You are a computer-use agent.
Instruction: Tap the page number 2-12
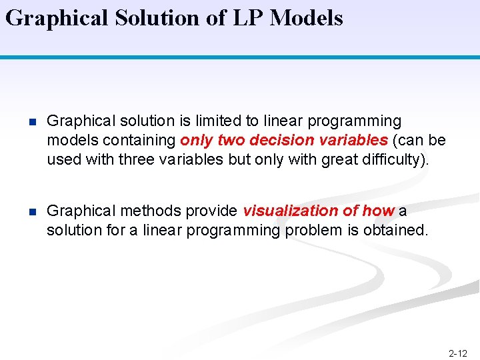[x=458, y=353]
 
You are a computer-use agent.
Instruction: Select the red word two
[x=232, y=141]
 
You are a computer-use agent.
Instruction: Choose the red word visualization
[x=291, y=211]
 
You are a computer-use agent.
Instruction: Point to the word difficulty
[x=388, y=160]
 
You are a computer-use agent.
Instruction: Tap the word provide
[x=211, y=211]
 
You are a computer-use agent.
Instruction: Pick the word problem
[x=313, y=230]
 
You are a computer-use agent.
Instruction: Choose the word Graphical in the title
[x=56, y=18]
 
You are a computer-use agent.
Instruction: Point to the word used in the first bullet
[x=61, y=160]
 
